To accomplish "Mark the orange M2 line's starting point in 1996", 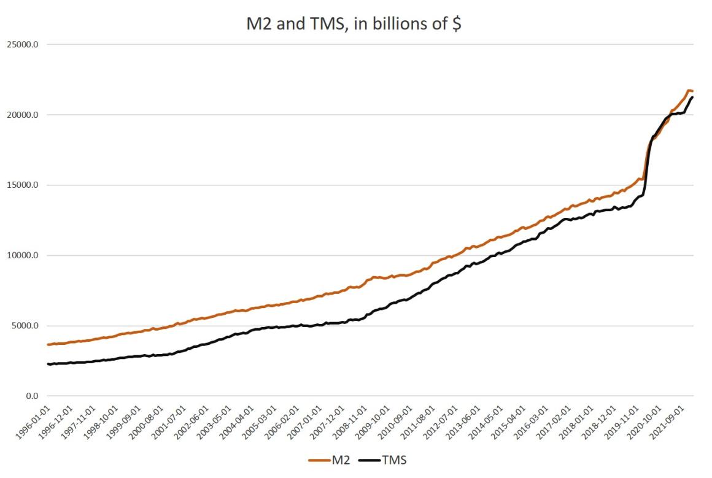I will (x=48, y=344).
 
